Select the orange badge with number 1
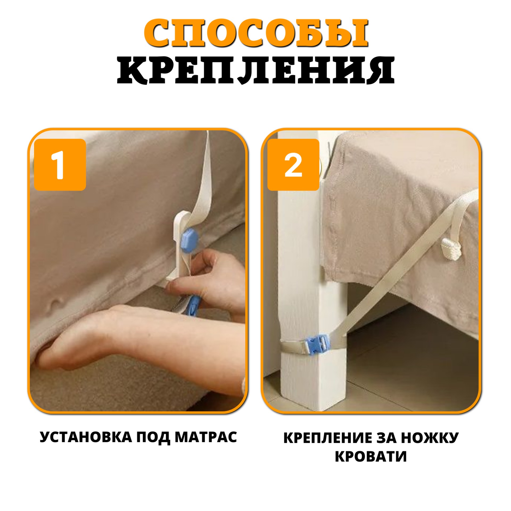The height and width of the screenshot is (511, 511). click(60, 165)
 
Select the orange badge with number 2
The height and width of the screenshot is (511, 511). click(293, 165)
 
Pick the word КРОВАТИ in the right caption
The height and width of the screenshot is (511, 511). click(371, 456)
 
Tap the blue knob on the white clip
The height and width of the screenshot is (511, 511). click(189, 240)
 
